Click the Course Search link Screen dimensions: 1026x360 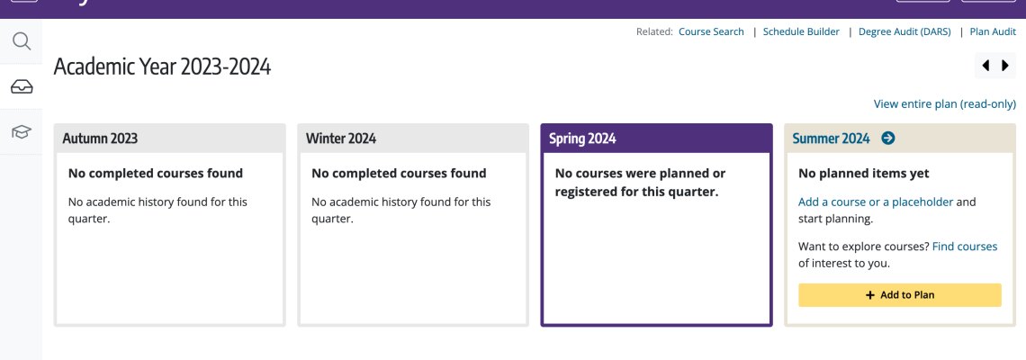(711, 31)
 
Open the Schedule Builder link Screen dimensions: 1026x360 (801, 31)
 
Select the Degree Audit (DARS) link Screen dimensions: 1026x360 (904, 31)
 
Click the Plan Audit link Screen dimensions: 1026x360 (993, 31)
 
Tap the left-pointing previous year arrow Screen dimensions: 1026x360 (985, 66)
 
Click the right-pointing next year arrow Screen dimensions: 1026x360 (1005, 66)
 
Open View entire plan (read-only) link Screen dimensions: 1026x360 (945, 104)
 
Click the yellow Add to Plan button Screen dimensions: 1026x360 (900, 295)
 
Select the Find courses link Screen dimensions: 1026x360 (965, 247)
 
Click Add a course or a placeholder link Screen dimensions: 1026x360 (876, 202)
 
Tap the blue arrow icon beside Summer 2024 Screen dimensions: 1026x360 (888, 138)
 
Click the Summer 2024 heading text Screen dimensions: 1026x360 (831, 139)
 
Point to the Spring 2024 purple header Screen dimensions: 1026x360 (656, 138)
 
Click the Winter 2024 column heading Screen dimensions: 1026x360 (341, 139)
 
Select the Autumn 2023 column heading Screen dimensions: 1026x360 (100, 139)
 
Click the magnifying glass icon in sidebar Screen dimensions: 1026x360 (22, 41)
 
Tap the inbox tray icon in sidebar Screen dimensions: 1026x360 (22, 86)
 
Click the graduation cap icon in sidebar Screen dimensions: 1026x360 (22, 131)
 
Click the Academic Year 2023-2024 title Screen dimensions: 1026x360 (162, 67)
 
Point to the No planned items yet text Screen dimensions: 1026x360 (864, 174)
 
